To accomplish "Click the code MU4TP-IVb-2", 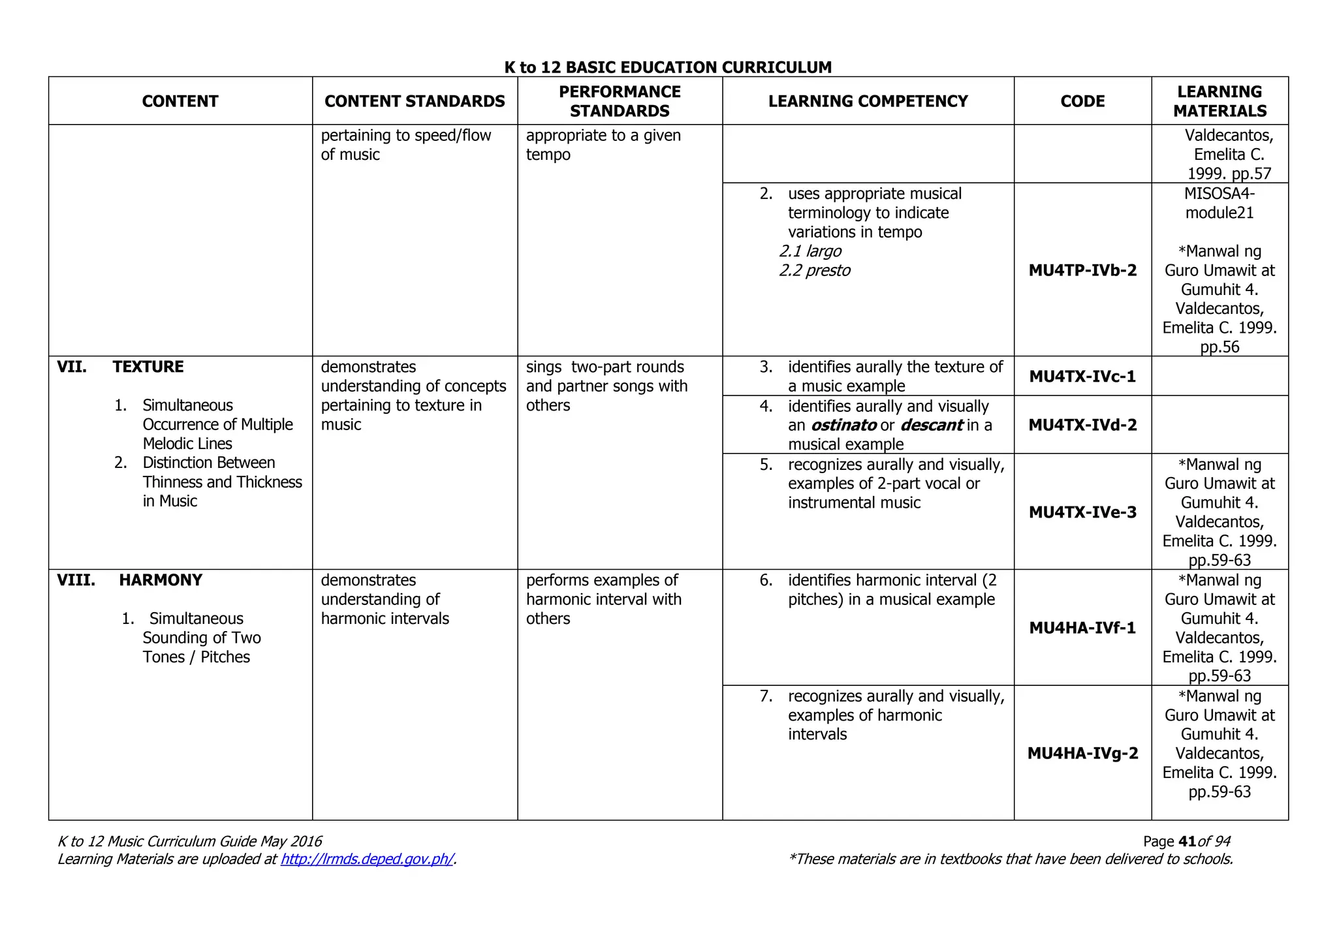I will click(x=1082, y=270).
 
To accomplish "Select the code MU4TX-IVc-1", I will click(x=1082, y=377).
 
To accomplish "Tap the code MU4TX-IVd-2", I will click(x=1082, y=425).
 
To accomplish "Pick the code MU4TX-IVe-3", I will click(x=1082, y=512).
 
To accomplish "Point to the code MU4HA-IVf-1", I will click(x=1082, y=628).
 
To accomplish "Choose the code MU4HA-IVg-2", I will click(x=1082, y=753).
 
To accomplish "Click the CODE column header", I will click(x=1082, y=101).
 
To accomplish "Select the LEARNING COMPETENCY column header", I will click(x=868, y=101).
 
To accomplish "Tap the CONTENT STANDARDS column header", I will click(x=415, y=101).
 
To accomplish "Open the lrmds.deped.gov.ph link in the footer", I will click(x=367, y=859).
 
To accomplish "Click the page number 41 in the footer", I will click(x=1188, y=841).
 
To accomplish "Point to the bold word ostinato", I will click(x=843, y=426).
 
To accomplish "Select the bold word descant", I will click(x=931, y=426).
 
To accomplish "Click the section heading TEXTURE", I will click(x=148, y=367).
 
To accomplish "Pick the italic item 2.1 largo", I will click(x=810, y=251).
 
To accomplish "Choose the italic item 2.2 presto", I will click(x=815, y=270).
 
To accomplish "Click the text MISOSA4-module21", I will click(x=1219, y=203).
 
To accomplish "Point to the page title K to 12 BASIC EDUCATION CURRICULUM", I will click(x=668, y=67).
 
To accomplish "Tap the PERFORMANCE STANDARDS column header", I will click(x=620, y=101).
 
